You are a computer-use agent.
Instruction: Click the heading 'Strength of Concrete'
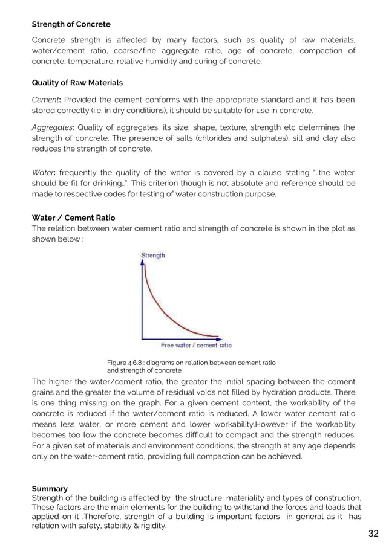click(x=71, y=25)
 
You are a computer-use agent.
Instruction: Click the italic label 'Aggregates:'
click(x=54, y=127)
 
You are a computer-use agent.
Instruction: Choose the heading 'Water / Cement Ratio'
click(x=73, y=218)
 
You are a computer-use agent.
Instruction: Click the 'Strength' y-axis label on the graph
click(x=152, y=256)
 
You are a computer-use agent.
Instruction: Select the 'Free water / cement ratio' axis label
click(x=195, y=346)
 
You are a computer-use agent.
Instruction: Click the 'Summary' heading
click(x=50, y=488)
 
